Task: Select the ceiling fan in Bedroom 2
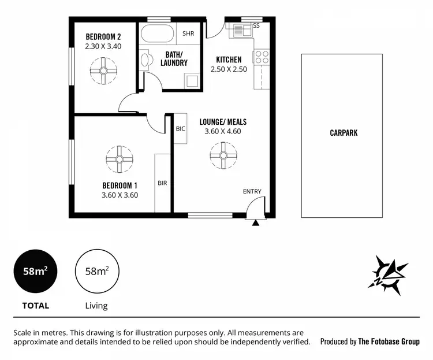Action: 103,71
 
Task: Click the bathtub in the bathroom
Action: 156,35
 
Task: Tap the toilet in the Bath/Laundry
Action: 145,60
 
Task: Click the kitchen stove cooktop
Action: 262,57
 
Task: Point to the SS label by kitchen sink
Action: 256,26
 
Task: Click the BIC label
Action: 180,129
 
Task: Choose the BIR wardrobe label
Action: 162,183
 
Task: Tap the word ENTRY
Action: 252,192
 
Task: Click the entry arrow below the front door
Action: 255,222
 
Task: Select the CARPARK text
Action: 344,133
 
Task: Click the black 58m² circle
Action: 36,272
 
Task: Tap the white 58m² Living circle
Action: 97,272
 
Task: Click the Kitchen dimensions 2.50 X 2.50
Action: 232,69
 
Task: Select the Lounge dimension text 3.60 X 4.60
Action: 222,132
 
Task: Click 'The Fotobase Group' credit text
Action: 389,342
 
